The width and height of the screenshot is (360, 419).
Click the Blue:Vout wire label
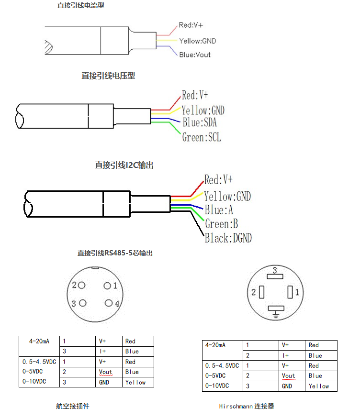(x=195, y=55)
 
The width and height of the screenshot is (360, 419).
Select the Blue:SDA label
(x=200, y=123)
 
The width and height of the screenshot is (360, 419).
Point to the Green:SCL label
(x=202, y=137)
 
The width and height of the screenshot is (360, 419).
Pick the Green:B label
(x=221, y=224)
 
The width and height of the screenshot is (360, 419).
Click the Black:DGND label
(x=228, y=238)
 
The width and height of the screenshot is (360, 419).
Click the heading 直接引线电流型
(x=80, y=6)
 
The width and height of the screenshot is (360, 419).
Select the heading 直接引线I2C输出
(x=124, y=165)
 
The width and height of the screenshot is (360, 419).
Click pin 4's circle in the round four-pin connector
(x=109, y=303)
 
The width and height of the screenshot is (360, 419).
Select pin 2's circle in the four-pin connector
(x=82, y=286)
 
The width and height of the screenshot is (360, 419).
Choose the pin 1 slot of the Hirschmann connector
(x=290, y=292)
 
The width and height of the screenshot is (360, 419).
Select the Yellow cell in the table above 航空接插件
(x=135, y=382)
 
